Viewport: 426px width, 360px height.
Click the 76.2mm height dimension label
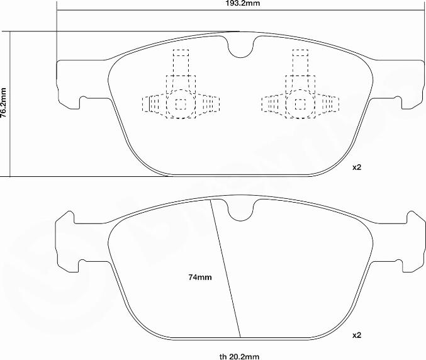pyautogui.click(x=4, y=104)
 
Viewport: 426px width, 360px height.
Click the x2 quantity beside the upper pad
pyautogui.click(x=357, y=167)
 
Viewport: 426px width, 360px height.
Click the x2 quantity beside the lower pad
pyautogui.click(x=357, y=334)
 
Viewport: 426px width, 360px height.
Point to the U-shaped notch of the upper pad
pyautogui.click(x=240, y=48)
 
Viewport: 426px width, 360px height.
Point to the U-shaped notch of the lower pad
pyautogui.click(x=240, y=211)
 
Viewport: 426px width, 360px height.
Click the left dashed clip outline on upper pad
pyautogui.click(x=181, y=94)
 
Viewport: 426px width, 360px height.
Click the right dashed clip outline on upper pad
pyautogui.click(x=300, y=94)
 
